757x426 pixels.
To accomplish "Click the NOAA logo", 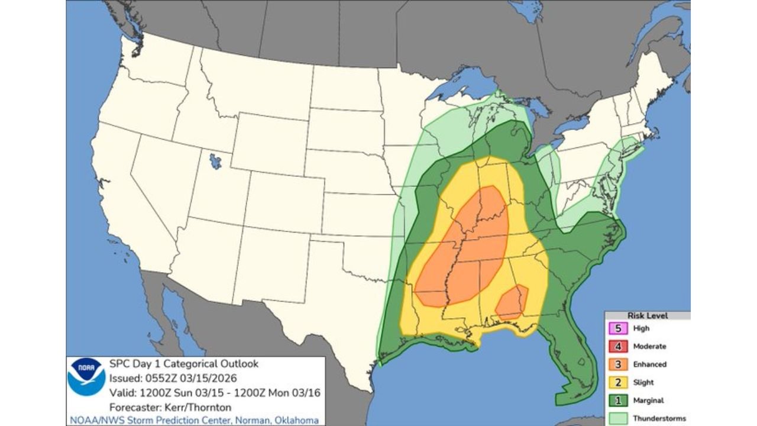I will [x=86, y=377].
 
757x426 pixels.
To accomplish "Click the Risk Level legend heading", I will [x=647, y=316].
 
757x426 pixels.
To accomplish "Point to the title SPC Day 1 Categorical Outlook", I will [x=184, y=364].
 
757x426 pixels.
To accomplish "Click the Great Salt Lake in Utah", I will [x=216, y=161].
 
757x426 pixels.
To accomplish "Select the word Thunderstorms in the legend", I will [x=659, y=418].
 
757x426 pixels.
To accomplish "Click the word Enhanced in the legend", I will [x=649, y=364].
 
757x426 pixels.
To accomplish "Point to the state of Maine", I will [x=654, y=83].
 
